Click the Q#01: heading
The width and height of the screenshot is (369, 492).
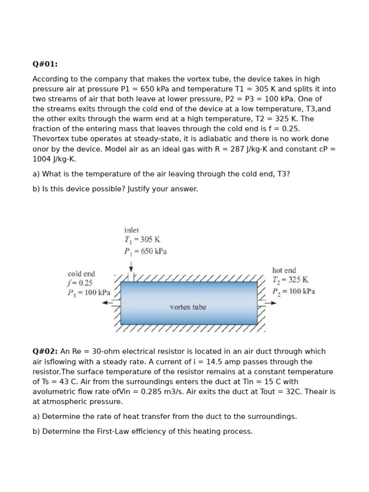click(x=45, y=64)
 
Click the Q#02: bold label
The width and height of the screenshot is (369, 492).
click(x=45, y=351)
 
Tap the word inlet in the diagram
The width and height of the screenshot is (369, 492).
click(x=131, y=230)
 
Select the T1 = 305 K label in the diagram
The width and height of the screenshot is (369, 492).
click(x=142, y=240)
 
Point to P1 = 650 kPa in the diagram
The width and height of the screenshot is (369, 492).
click(x=146, y=251)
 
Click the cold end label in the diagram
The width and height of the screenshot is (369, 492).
click(x=81, y=273)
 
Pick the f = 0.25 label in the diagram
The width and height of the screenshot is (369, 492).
click(x=80, y=283)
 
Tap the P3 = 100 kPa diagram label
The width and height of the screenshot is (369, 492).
click(x=89, y=292)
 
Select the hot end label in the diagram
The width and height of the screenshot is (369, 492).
click(x=284, y=271)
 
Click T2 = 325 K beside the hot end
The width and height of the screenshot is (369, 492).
click(x=290, y=280)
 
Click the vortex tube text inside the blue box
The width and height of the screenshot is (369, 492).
click(x=188, y=307)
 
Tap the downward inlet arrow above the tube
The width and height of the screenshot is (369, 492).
click(x=131, y=268)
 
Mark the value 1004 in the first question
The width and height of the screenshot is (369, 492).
click(x=42, y=159)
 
